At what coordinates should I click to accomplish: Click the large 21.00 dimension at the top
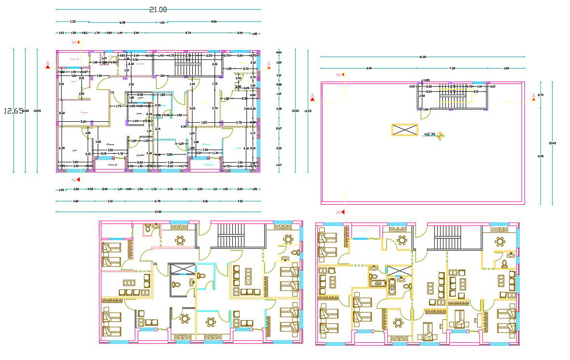pos(158,9)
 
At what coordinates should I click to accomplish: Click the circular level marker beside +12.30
pos(440,136)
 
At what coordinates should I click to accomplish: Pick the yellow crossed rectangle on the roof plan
pos(404,130)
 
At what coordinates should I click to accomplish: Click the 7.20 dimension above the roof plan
pos(452,69)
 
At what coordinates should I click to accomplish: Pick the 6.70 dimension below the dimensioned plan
pos(158,201)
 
